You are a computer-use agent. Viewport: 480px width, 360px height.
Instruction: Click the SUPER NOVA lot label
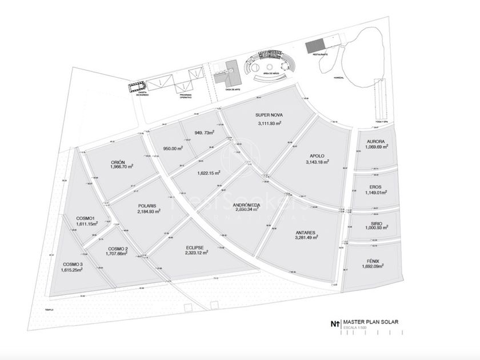(x=270, y=114)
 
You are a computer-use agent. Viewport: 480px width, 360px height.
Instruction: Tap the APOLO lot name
(x=317, y=155)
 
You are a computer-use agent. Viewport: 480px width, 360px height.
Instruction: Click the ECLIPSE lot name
(x=195, y=247)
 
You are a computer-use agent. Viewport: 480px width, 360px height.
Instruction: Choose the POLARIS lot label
(x=147, y=205)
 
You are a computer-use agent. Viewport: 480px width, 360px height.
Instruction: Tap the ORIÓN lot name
(x=118, y=162)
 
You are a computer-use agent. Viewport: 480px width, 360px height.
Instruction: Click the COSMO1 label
(x=85, y=218)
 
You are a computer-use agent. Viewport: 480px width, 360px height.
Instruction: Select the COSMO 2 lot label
(x=118, y=248)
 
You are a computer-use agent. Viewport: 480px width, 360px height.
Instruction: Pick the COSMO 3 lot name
(x=73, y=263)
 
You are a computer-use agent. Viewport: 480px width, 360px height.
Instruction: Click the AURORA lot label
(x=375, y=141)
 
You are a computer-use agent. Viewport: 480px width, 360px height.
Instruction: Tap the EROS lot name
(x=375, y=186)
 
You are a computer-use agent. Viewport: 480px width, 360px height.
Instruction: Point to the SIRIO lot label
(x=376, y=223)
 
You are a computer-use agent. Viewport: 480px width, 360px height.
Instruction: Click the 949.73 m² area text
(x=204, y=133)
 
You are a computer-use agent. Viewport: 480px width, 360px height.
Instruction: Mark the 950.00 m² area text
(x=173, y=148)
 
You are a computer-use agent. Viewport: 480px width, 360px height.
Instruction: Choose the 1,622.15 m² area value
(x=209, y=173)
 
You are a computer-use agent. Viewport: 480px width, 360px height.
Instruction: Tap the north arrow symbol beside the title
(x=335, y=322)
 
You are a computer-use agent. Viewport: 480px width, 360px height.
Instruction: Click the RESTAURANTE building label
(x=320, y=54)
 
